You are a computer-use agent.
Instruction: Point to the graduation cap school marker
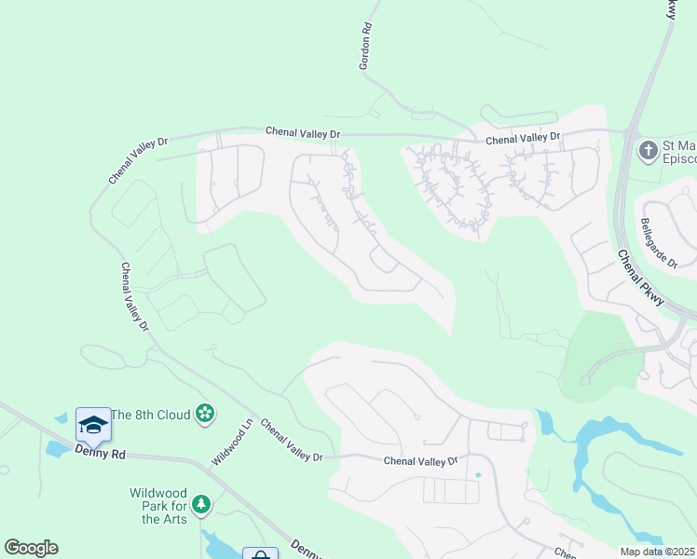[93, 426]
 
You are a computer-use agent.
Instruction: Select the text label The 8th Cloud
[151, 414]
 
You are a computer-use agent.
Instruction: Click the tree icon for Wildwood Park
[200, 505]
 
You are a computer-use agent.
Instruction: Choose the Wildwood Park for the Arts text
[158, 505]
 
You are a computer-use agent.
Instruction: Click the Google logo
[31, 548]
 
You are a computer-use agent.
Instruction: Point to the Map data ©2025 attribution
[658, 552]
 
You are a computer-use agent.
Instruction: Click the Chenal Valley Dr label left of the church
[523, 137]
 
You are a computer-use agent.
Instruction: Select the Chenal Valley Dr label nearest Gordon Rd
[302, 131]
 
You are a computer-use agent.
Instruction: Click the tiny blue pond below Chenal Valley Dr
[478, 475]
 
